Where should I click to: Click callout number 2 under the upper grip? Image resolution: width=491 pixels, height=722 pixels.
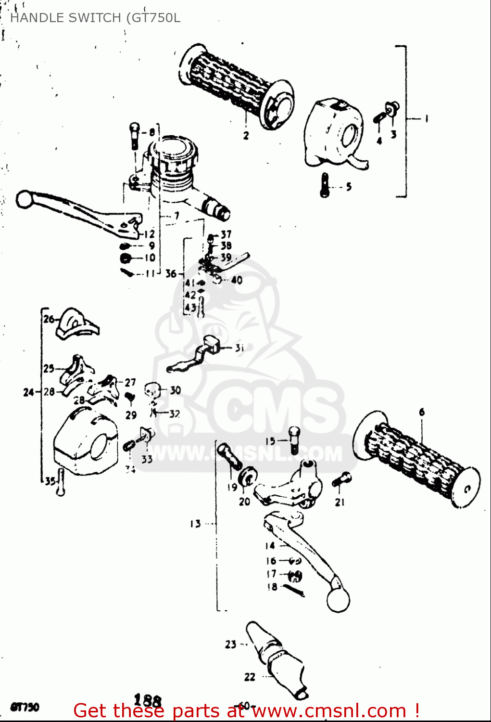click(x=246, y=135)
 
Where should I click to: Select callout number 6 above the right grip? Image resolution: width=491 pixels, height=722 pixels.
click(x=422, y=412)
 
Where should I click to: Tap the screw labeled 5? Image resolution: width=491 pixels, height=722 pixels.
click(x=325, y=185)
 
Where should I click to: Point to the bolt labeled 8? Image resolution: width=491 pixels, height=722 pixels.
click(x=134, y=136)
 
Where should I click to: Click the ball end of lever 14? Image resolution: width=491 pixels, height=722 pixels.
click(x=338, y=600)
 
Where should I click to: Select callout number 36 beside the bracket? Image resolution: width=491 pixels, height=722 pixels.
click(x=171, y=273)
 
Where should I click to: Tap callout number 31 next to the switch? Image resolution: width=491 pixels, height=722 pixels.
click(x=239, y=348)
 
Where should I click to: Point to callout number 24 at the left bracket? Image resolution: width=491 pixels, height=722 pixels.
click(x=28, y=392)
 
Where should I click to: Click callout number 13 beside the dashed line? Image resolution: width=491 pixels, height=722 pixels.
click(x=195, y=524)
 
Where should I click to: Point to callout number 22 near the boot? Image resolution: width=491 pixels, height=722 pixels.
click(x=250, y=677)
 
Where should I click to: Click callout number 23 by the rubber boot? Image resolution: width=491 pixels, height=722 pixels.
click(x=230, y=644)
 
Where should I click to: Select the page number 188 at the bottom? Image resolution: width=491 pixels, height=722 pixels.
click(x=147, y=700)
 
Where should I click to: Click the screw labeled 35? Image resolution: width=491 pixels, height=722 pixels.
click(x=60, y=482)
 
